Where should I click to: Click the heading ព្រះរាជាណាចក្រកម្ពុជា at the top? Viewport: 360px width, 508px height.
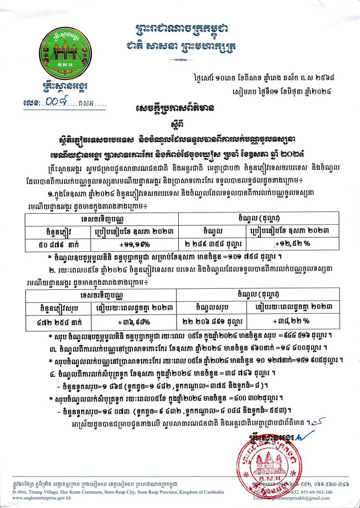point(181,29)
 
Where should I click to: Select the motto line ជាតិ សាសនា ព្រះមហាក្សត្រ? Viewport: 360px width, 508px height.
point(181,46)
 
